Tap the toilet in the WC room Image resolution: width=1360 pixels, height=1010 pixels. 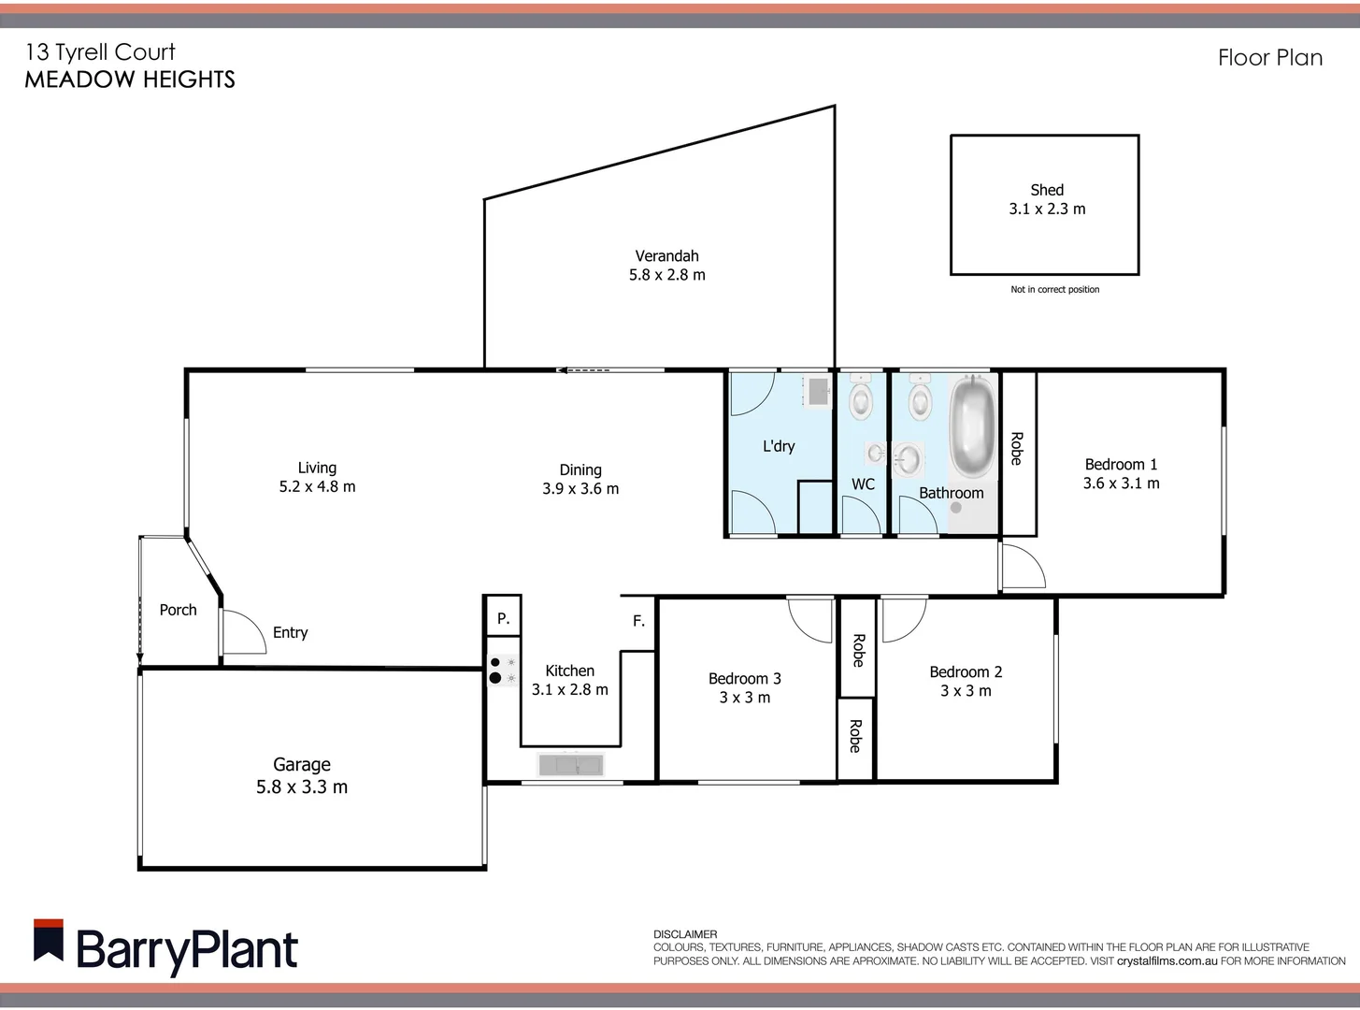click(x=861, y=399)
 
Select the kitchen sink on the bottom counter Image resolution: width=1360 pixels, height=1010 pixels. click(x=571, y=765)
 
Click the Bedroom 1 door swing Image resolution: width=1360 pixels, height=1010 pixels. click(x=1023, y=567)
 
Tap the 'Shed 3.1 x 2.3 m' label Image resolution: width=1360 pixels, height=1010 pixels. click(x=1046, y=199)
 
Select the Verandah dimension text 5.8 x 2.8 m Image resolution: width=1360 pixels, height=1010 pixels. click(x=666, y=275)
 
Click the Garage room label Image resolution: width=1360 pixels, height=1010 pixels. click(x=301, y=765)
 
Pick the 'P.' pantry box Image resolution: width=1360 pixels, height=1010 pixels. click(x=503, y=617)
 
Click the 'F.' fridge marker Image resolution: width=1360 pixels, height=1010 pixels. click(x=638, y=620)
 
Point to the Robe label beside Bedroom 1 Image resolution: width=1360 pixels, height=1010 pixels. click(x=1017, y=448)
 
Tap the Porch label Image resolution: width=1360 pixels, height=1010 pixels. click(x=178, y=610)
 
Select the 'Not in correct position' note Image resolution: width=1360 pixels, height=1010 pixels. click(x=1054, y=290)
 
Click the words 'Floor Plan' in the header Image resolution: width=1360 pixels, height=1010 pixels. click(x=1269, y=58)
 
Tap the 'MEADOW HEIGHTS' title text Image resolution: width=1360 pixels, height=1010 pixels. click(x=130, y=79)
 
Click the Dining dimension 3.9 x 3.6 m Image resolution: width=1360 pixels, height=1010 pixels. click(x=580, y=488)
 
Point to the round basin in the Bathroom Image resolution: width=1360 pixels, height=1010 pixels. click(x=908, y=458)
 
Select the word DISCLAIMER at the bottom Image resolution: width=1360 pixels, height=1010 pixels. click(x=685, y=934)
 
